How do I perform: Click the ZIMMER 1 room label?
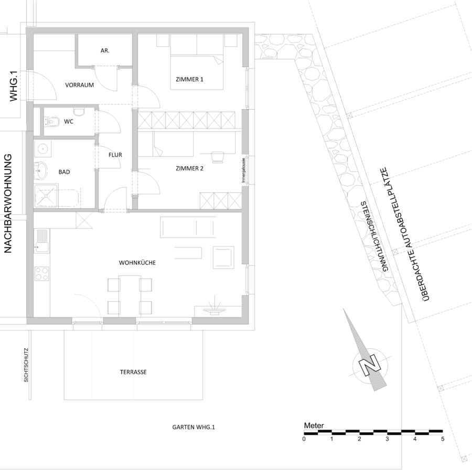click(189, 80)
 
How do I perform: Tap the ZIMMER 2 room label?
click(189, 168)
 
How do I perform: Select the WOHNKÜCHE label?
click(137, 263)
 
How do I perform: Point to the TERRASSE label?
click(133, 372)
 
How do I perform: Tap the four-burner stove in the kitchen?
click(42, 274)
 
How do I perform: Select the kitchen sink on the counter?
click(42, 241)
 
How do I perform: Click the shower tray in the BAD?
click(46, 196)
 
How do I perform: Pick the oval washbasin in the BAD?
click(40, 171)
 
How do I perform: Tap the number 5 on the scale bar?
click(443, 439)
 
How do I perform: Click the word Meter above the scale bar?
click(314, 426)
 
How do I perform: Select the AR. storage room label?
click(105, 51)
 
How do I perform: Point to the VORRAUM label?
click(80, 85)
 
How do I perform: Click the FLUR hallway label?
click(115, 155)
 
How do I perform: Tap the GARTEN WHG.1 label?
click(194, 427)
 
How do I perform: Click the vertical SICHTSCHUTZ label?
click(26, 365)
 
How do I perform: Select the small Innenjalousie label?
click(244, 170)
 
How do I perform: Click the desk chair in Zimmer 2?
click(217, 157)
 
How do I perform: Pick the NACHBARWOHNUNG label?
click(8, 203)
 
